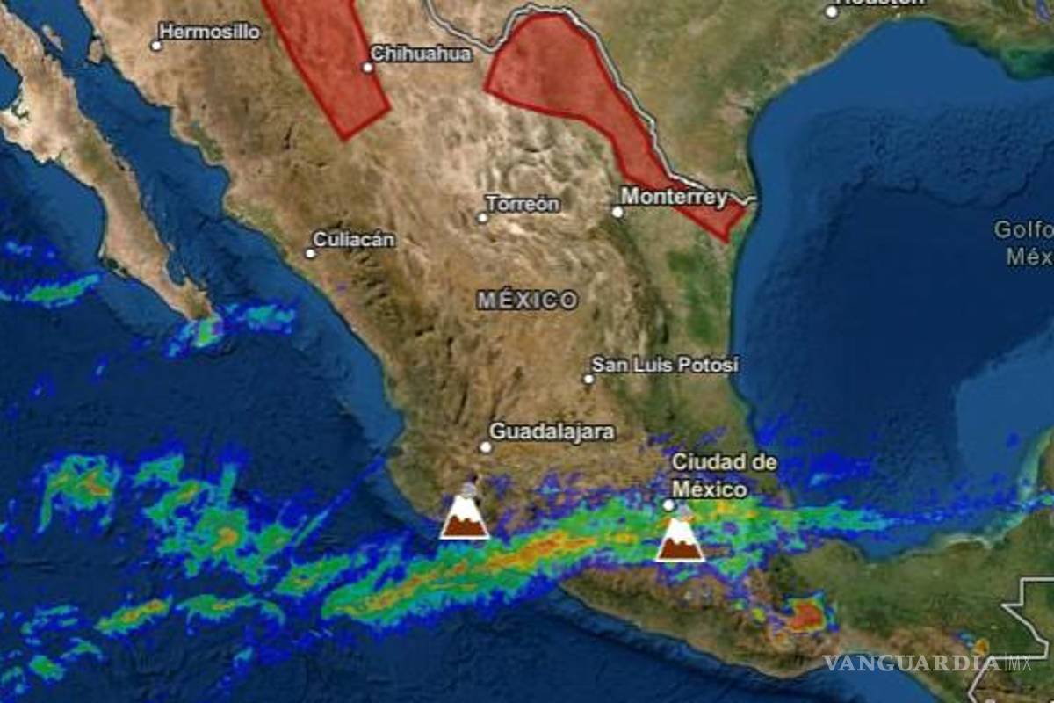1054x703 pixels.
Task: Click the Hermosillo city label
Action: point(210,33)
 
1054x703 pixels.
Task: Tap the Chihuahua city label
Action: point(421,54)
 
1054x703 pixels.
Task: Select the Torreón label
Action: point(523,204)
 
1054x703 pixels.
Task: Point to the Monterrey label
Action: point(674,197)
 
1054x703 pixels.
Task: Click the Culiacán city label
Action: point(354,239)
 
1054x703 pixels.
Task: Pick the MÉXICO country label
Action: point(528,301)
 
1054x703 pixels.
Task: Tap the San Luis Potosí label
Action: point(665,364)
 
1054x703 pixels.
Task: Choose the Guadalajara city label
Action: point(552,431)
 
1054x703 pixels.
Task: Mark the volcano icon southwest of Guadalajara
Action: point(464,516)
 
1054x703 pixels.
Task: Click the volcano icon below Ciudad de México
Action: point(679,538)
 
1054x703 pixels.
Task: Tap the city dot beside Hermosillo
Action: point(156,45)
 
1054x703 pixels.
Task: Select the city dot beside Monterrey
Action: point(617,212)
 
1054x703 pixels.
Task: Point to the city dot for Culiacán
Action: point(310,253)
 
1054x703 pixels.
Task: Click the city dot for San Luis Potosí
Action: point(588,379)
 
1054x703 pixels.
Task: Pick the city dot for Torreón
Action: point(482,217)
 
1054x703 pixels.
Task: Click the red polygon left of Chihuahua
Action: point(329,62)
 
